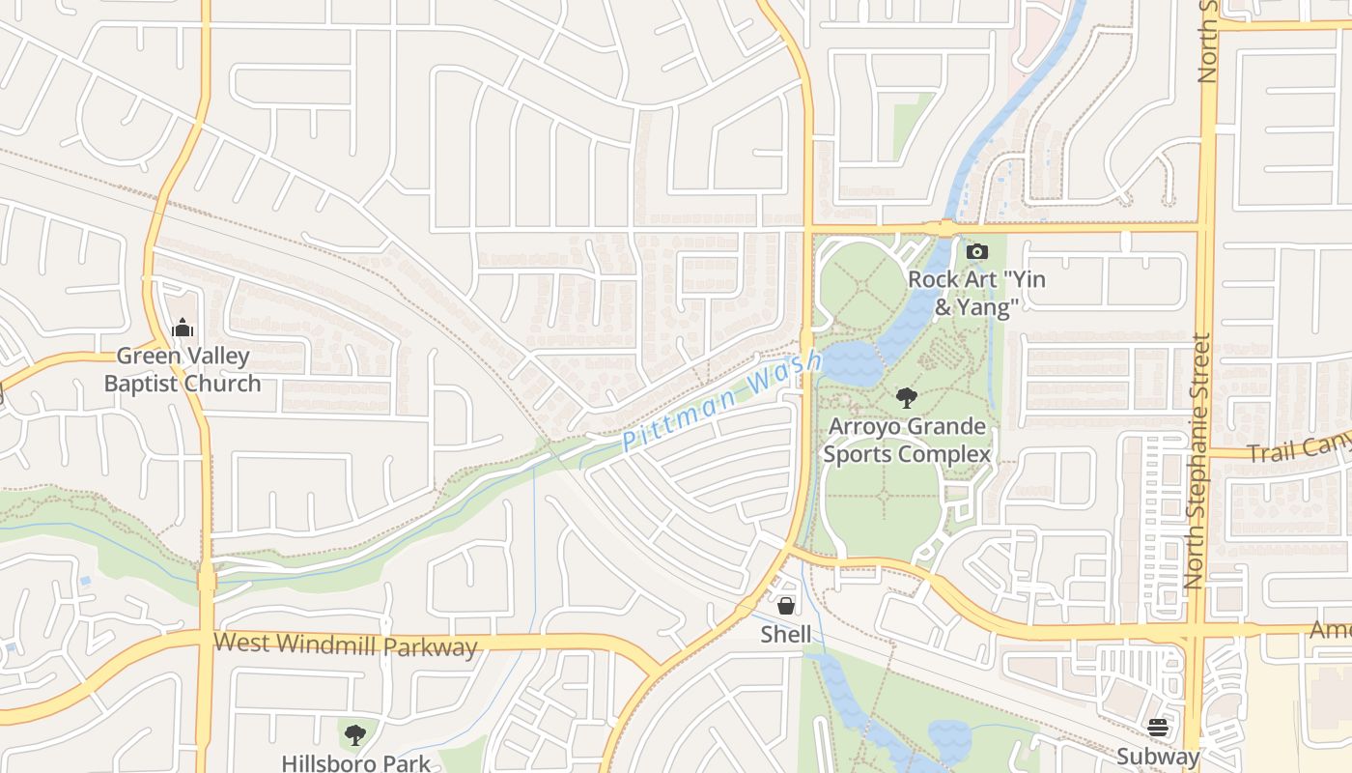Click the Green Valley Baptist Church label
click(183, 370)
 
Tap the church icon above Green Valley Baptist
click(183, 329)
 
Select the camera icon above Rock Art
click(976, 252)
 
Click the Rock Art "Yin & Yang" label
click(976, 294)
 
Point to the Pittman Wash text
click(722, 402)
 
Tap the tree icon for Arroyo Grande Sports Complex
click(906, 397)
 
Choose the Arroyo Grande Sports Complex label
click(909, 441)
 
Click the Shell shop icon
click(786, 606)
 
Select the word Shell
click(786, 635)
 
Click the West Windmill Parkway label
click(346, 644)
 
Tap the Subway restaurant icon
click(1157, 728)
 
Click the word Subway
click(1157, 757)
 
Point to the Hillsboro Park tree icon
click(355, 734)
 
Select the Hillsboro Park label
click(355, 763)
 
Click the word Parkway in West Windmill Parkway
click(432, 646)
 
